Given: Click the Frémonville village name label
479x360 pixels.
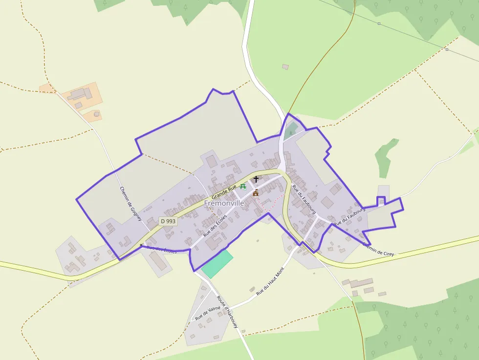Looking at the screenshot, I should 224,203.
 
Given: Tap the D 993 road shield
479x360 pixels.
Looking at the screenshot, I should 168,221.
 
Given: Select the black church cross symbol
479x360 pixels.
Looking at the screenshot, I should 256,179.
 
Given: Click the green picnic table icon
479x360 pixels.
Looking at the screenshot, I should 243,187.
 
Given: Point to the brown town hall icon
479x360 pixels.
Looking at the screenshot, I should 255,193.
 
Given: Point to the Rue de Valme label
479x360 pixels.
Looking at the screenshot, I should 208,313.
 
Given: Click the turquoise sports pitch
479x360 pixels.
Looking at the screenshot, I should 217,264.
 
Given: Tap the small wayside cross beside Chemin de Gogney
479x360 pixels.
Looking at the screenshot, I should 141,244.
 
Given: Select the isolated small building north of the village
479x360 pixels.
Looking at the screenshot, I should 285,67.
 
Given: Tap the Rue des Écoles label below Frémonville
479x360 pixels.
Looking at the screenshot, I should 215,226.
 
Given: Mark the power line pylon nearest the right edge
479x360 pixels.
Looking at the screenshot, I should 447,49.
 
